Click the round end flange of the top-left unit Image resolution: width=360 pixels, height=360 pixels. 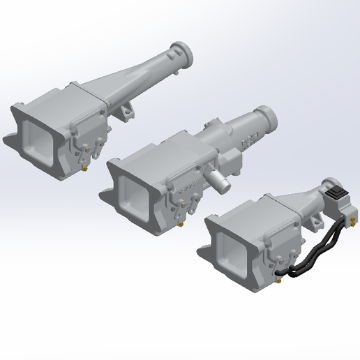pos(183,54)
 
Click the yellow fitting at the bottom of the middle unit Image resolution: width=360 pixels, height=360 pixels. pos(183,225)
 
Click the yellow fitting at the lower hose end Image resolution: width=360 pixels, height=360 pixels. pos(279,280)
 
